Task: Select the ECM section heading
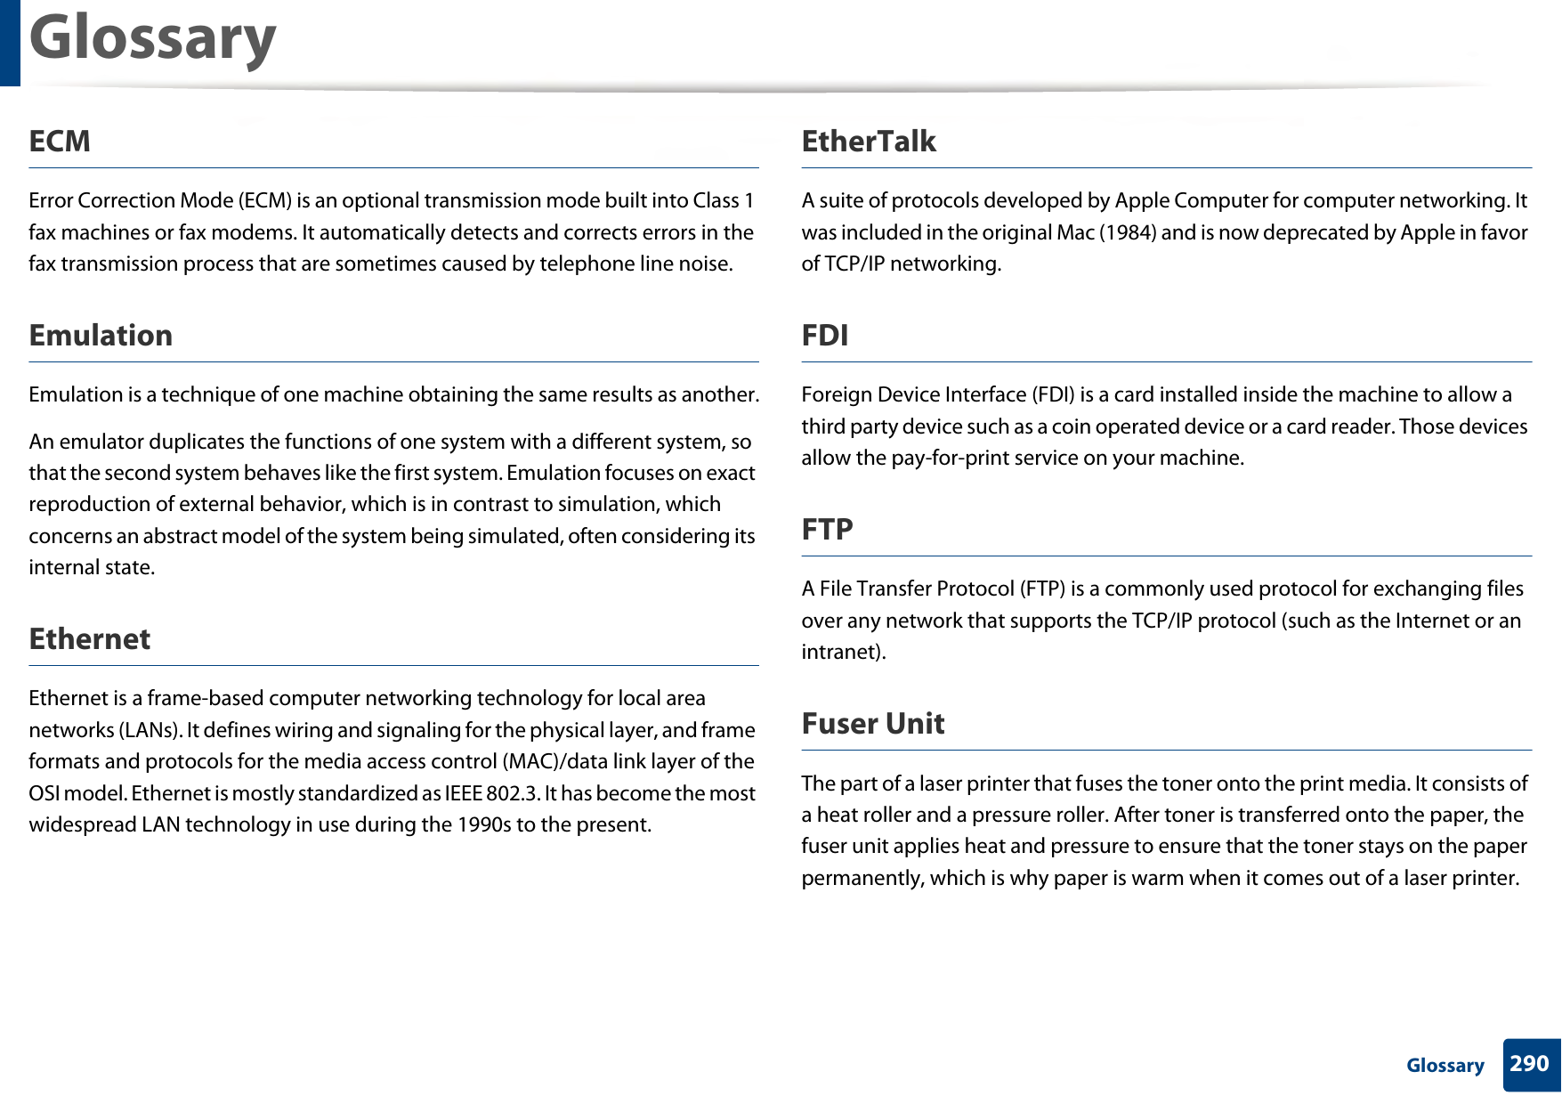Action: [60, 141]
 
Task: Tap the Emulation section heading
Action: [101, 335]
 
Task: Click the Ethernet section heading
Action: [90, 638]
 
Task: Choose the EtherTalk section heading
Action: [869, 141]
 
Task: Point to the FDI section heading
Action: [825, 335]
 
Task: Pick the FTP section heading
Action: [828, 529]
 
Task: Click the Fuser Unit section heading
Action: [873, 723]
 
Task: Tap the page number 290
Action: [1530, 1064]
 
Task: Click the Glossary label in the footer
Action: [1445, 1065]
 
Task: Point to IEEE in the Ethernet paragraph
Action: [463, 793]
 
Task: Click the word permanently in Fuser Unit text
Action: [861, 878]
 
